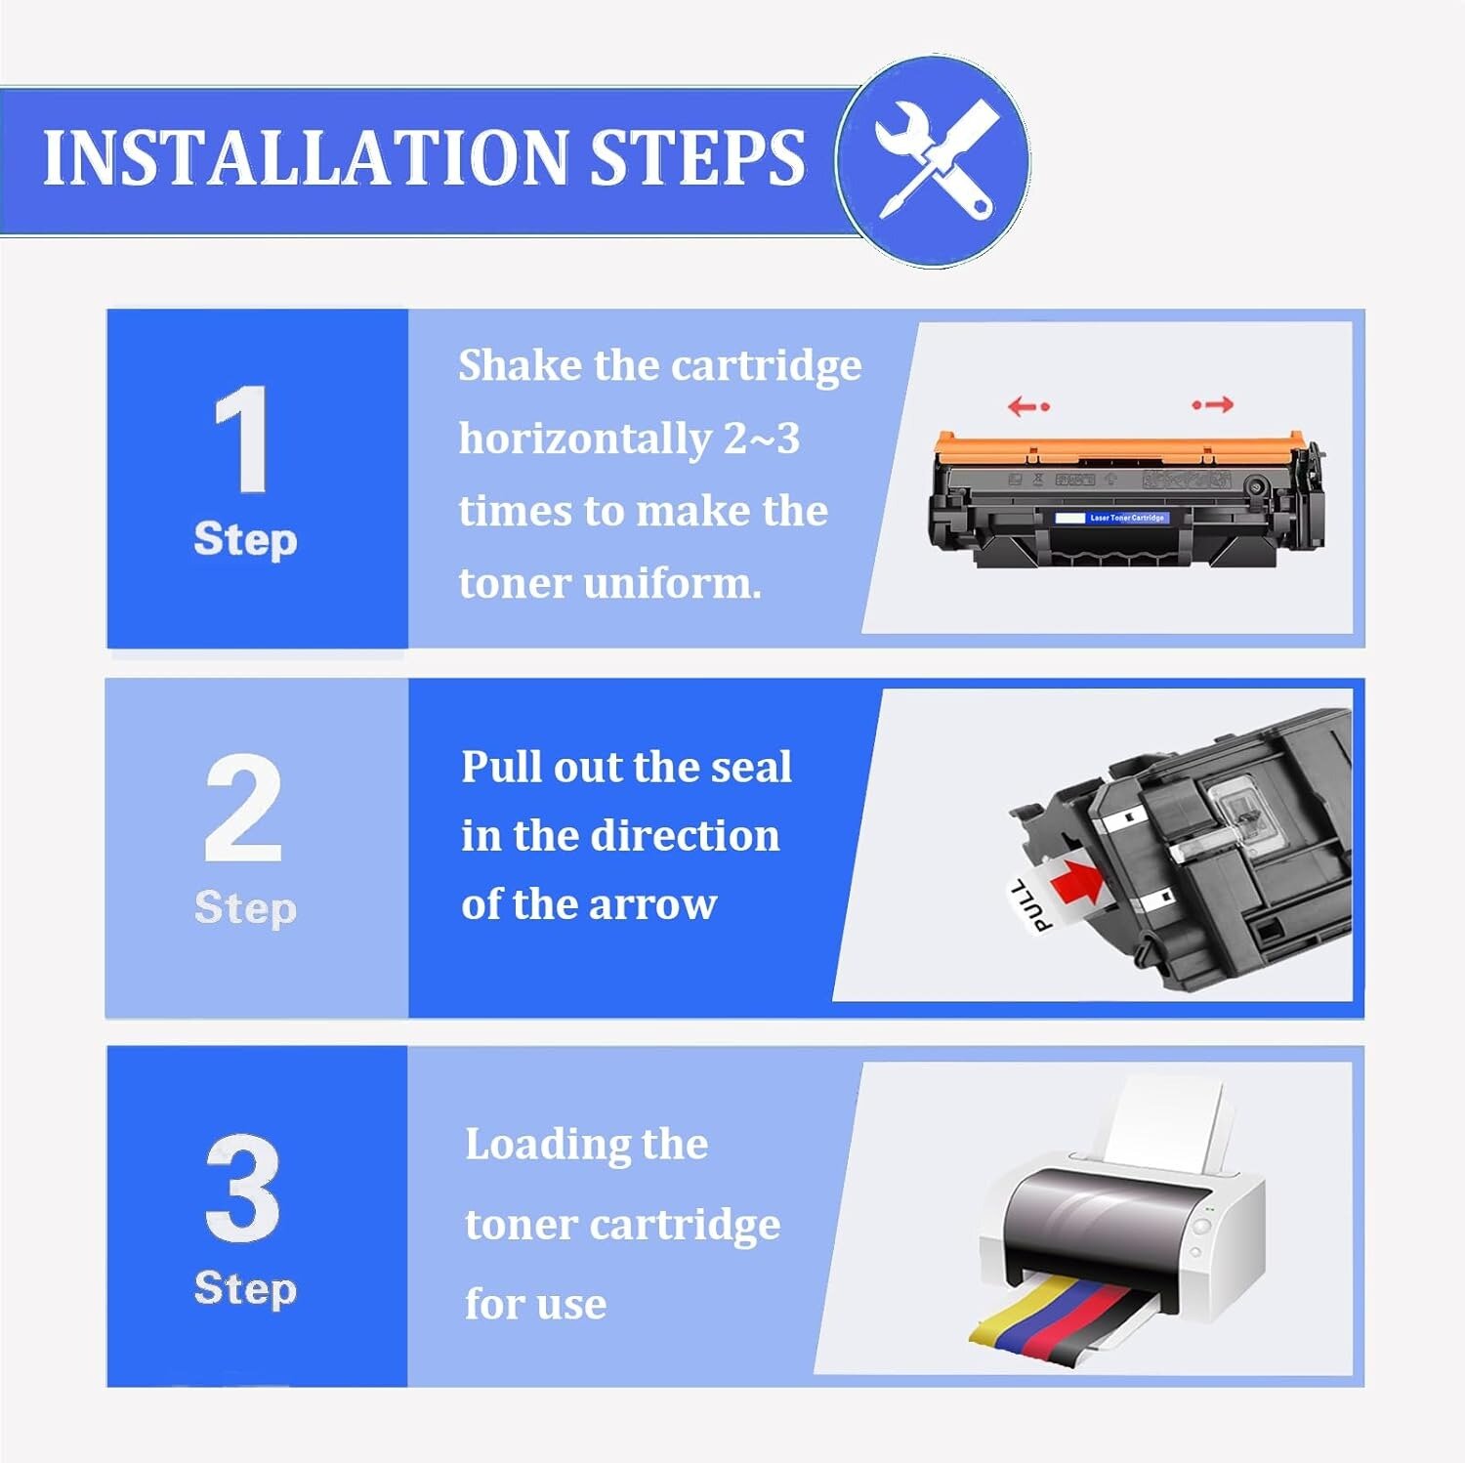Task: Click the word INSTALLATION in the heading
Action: coord(306,157)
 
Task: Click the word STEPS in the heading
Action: coord(698,157)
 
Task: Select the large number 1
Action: coord(241,439)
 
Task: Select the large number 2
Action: coord(243,808)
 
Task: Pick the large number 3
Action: coord(243,1188)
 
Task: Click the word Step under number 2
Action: coord(245,908)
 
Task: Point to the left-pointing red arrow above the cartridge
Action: coord(1028,405)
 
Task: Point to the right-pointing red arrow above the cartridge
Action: coord(1213,404)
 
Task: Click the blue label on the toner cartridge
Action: coord(1112,518)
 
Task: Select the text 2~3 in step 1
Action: coord(762,439)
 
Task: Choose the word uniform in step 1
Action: coord(672,584)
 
